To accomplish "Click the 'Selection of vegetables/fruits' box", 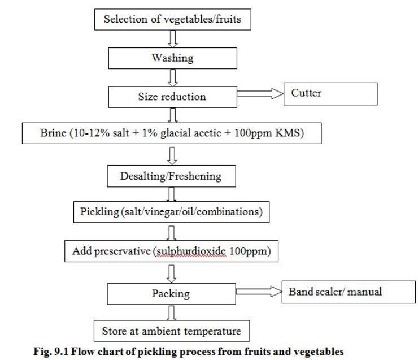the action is pyautogui.click(x=173, y=19).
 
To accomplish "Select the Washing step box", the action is pyautogui.click(x=173, y=58).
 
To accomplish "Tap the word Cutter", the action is pyautogui.click(x=306, y=93).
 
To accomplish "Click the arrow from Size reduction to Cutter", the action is pyautogui.click(x=260, y=94).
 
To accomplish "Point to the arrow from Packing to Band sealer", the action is pyautogui.click(x=259, y=292).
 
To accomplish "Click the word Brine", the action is pyautogui.click(x=53, y=133).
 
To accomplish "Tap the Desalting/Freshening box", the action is pyautogui.click(x=171, y=176).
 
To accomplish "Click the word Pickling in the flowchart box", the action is pyautogui.click(x=99, y=212).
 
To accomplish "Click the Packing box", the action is pyautogui.click(x=171, y=294).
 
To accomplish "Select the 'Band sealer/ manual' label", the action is pyautogui.click(x=335, y=292).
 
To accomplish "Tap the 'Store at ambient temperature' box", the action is pyautogui.click(x=172, y=331).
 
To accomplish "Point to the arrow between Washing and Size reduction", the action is pyautogui.click(x=173, y=77).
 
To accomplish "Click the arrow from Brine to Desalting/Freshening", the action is pyautogui.click(x=172, y=156).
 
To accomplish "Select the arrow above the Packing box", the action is pyautogui.click(x=171, y=274).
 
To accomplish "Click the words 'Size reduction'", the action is pyautogui.click(x=172, y=97).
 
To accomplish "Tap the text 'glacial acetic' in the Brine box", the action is pyautogui.click(x=190, y=133).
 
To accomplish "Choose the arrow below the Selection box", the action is pyautogui.click(x=173, y=39).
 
